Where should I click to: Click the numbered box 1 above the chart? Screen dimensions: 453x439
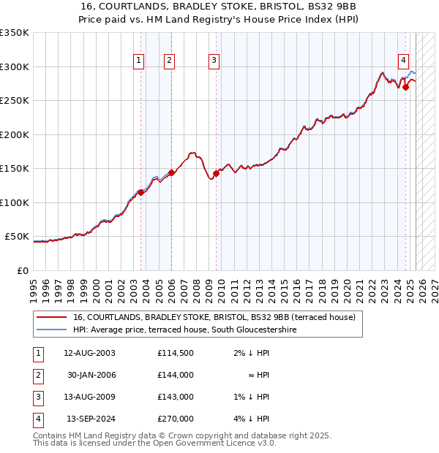[x=138, y=61]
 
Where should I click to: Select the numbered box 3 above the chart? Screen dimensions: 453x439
[x=214, y=61]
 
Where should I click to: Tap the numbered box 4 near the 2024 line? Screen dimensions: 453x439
[x=403, y=61]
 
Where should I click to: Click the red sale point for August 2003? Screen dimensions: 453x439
[x=141, y=192]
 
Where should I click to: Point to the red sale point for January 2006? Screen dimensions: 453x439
[x=171, y=172]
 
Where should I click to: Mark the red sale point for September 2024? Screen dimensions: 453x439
[x=405, y=87]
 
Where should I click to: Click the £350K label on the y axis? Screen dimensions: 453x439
[x=14, y=33]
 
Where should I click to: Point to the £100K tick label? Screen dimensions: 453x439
[x=14, y=202]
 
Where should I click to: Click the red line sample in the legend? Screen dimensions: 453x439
[x=52, y=317]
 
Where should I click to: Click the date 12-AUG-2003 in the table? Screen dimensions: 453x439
[x=90, y=353]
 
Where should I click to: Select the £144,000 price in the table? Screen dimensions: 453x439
[x=175, y=375]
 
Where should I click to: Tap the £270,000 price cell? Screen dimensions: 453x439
[x=175, y=419]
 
